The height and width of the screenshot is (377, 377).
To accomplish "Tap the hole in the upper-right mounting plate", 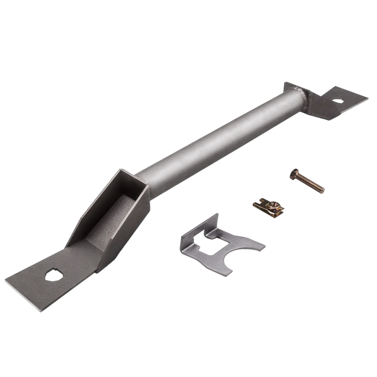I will [x=337, y=101].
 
